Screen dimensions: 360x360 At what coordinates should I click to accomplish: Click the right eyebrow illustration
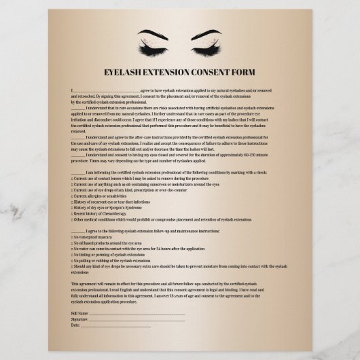pyautogui.click(x=211, y=34)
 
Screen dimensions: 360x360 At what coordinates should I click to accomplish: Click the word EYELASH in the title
pyautogui.click(x=129, y=72)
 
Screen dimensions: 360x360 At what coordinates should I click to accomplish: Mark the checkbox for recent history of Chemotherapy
pyautogui.click(x=72, y=214)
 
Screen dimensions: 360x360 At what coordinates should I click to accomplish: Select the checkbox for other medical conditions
pyautogui.click(x=72, y=220)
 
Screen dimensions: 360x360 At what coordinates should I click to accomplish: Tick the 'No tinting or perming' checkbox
pyautogui.click(x=72, y=255)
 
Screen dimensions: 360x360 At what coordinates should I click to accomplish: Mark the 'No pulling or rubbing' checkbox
pyautogui.click(x=72, y=261)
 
